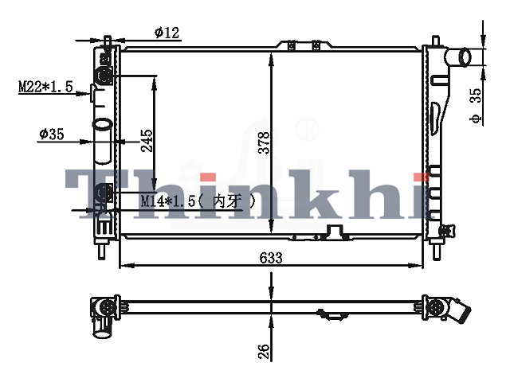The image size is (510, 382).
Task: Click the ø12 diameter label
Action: pos(167,33)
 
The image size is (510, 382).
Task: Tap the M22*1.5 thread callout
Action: pos(46,87)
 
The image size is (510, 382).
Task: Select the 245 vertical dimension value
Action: pos(147,140)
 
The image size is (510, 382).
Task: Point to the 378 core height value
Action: pos(264,142)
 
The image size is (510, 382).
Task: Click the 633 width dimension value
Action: pos(271,258)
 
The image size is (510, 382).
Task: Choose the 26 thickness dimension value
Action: pos(264,352)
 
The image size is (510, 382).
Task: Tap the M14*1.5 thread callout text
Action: pos(198,201)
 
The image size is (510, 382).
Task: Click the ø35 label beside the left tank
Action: pos(52,134)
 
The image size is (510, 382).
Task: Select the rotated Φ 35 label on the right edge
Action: pos(476,105)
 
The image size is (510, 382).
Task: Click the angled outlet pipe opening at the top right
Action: pos(465,57)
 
